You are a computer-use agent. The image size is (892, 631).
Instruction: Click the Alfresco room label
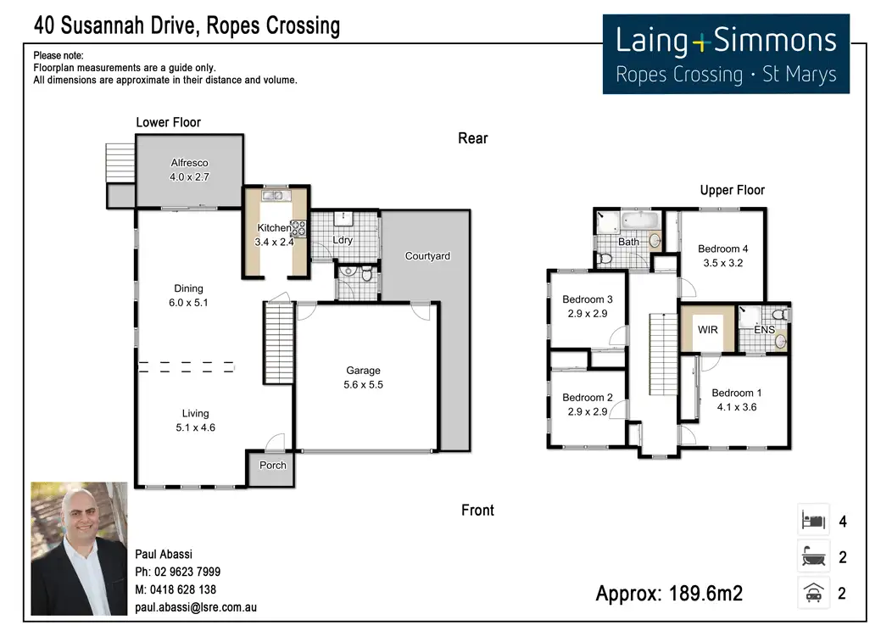tap(189, 163)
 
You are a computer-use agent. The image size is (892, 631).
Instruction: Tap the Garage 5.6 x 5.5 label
tap(363, 377)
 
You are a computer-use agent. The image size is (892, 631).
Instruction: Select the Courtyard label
tap(427, 256)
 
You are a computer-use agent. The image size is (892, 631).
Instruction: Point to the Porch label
tap(272, 465)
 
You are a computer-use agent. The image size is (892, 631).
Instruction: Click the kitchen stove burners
tap(298, 228)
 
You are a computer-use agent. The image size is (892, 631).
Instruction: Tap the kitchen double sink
tap(276, 195)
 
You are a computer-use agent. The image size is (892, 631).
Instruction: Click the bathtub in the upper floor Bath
tap(640, 221)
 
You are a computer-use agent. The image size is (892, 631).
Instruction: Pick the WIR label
tap(708, 329)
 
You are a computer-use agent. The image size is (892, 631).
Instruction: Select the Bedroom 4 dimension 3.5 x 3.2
tap(723, 263)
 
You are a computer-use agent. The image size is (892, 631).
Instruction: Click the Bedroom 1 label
tap(737, 393)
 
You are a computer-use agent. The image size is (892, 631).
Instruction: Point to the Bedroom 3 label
tap(588, 299)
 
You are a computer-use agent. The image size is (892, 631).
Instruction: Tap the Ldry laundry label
tap(343, 240)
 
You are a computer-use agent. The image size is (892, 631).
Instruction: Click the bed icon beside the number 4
tap(813, 520)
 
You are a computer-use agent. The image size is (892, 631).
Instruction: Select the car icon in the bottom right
tap(813, 593)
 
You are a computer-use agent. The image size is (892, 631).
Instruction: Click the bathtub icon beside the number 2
tap(813, 556)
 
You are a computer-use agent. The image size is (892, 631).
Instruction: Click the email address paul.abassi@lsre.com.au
tap(196, 607)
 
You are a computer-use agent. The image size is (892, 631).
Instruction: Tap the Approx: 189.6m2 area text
tap(669, 594)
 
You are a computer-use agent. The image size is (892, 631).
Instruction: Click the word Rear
tap(473, 138)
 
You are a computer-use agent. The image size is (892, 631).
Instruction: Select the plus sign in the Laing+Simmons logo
tap(701, 42)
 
